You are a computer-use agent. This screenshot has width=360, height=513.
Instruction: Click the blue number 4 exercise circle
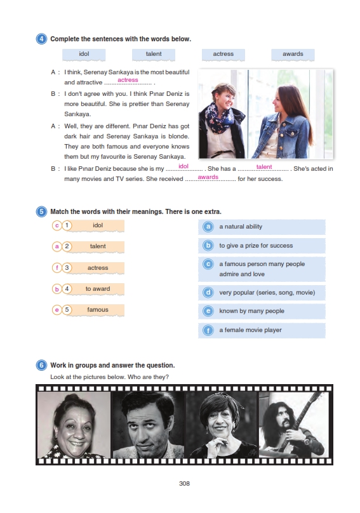point(41,39)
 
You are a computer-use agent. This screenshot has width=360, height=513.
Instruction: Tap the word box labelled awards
point(293,55)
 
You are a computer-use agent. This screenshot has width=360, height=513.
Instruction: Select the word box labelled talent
point(154,55)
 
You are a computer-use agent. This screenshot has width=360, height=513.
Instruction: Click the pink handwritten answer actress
point(128,80)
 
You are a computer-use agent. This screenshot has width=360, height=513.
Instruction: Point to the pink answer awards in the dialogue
point(208,177)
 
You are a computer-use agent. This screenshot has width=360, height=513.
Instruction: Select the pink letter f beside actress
point(57,268)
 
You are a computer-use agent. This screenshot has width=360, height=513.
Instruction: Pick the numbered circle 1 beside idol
point(67,225)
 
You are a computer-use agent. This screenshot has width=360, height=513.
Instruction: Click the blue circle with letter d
point(208,292)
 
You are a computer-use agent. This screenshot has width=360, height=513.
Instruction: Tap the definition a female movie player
point(250,330)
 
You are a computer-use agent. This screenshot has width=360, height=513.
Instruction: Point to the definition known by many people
point(251,311)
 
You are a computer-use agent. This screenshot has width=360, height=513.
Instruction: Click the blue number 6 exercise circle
point(41,365)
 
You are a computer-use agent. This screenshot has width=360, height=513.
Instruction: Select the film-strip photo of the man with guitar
point(293,425)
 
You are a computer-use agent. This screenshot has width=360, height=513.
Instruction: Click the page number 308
point(184,483)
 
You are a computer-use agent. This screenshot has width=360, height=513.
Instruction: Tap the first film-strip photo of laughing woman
point(74,425)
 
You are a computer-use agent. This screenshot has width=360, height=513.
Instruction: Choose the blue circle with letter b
point(208,245)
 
